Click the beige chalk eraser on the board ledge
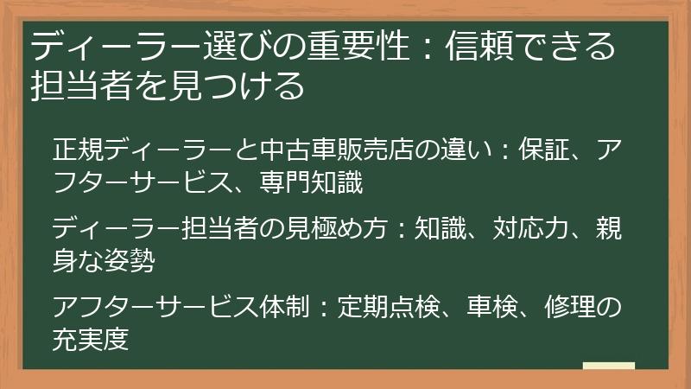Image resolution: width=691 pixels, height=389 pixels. pos(608,367)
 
